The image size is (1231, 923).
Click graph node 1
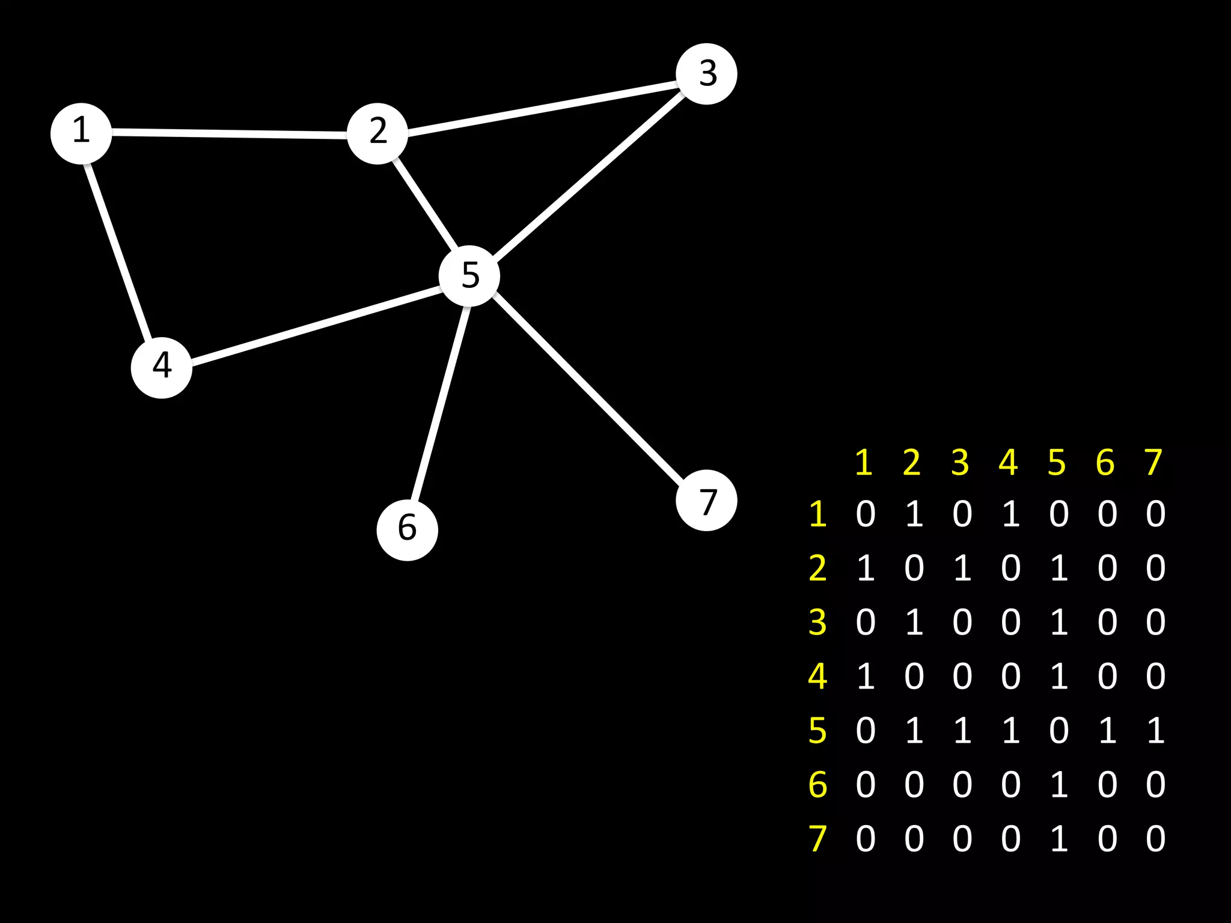click(x=81, y=133)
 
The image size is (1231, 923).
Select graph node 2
click(x=377, y=133)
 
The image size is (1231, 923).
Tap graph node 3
click(x=706, y=74)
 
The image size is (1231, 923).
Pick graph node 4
click(x=162, y=367)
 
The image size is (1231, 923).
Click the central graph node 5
click(x=469, y=276)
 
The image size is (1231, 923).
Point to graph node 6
click(x=408, y=530)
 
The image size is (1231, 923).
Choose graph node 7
click(x=706, y=501)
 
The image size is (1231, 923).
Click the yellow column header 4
click(x=1009, y=463)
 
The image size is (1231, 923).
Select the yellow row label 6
click(x=817, y=784)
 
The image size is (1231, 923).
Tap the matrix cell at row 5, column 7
click(x=1155, y=730)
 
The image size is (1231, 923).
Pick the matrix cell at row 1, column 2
click(x=914, y=514)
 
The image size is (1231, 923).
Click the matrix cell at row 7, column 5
click(x=1058, y=838)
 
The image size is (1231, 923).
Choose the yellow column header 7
click(x=1153, y=463)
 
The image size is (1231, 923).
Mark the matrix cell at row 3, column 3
click(x=962, y=622)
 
